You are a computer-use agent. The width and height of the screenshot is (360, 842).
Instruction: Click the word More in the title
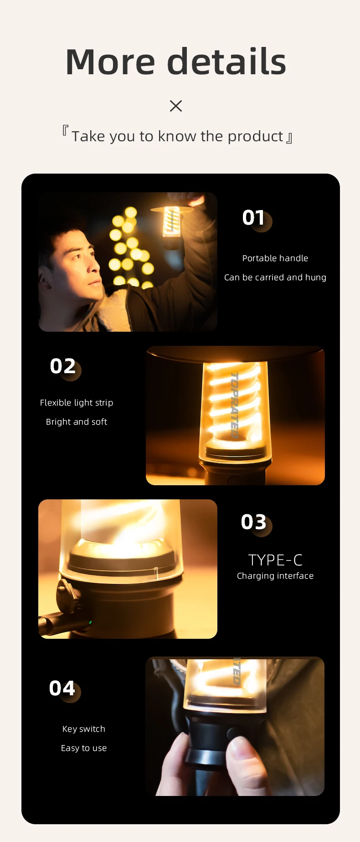[x=111, y=62]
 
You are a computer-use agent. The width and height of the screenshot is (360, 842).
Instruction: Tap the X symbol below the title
[x=176, y=106]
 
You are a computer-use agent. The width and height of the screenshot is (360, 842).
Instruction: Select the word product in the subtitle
[x=255, y=137]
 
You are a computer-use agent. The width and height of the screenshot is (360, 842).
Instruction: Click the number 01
[x=254, y=218]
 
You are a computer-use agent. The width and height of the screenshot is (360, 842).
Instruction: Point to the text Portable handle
[x=275, y=258]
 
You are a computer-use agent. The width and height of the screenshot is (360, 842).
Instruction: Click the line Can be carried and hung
[x=275, y=277]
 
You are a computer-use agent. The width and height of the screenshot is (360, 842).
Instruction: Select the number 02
[x=63, y=366]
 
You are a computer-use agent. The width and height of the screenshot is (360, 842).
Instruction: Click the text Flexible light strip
[x=77, y=403]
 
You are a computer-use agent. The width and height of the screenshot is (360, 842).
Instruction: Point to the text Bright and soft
[x=77, y=422]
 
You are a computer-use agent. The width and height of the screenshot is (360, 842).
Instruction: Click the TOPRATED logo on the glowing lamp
[x=234, y=405]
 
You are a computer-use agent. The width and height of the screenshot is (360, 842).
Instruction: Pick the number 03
[x=254, y=522]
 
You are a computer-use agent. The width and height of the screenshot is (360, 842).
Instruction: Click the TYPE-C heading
[x=275, y=560]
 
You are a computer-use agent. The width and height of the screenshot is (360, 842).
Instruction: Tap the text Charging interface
[x=275, y=576]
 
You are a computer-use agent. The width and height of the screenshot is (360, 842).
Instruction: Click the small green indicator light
[x=90, y=622]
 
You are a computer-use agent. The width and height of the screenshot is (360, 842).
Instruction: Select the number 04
[x=62, y=688]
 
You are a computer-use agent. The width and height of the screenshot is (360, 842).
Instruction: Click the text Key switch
[x=84, y=729]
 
